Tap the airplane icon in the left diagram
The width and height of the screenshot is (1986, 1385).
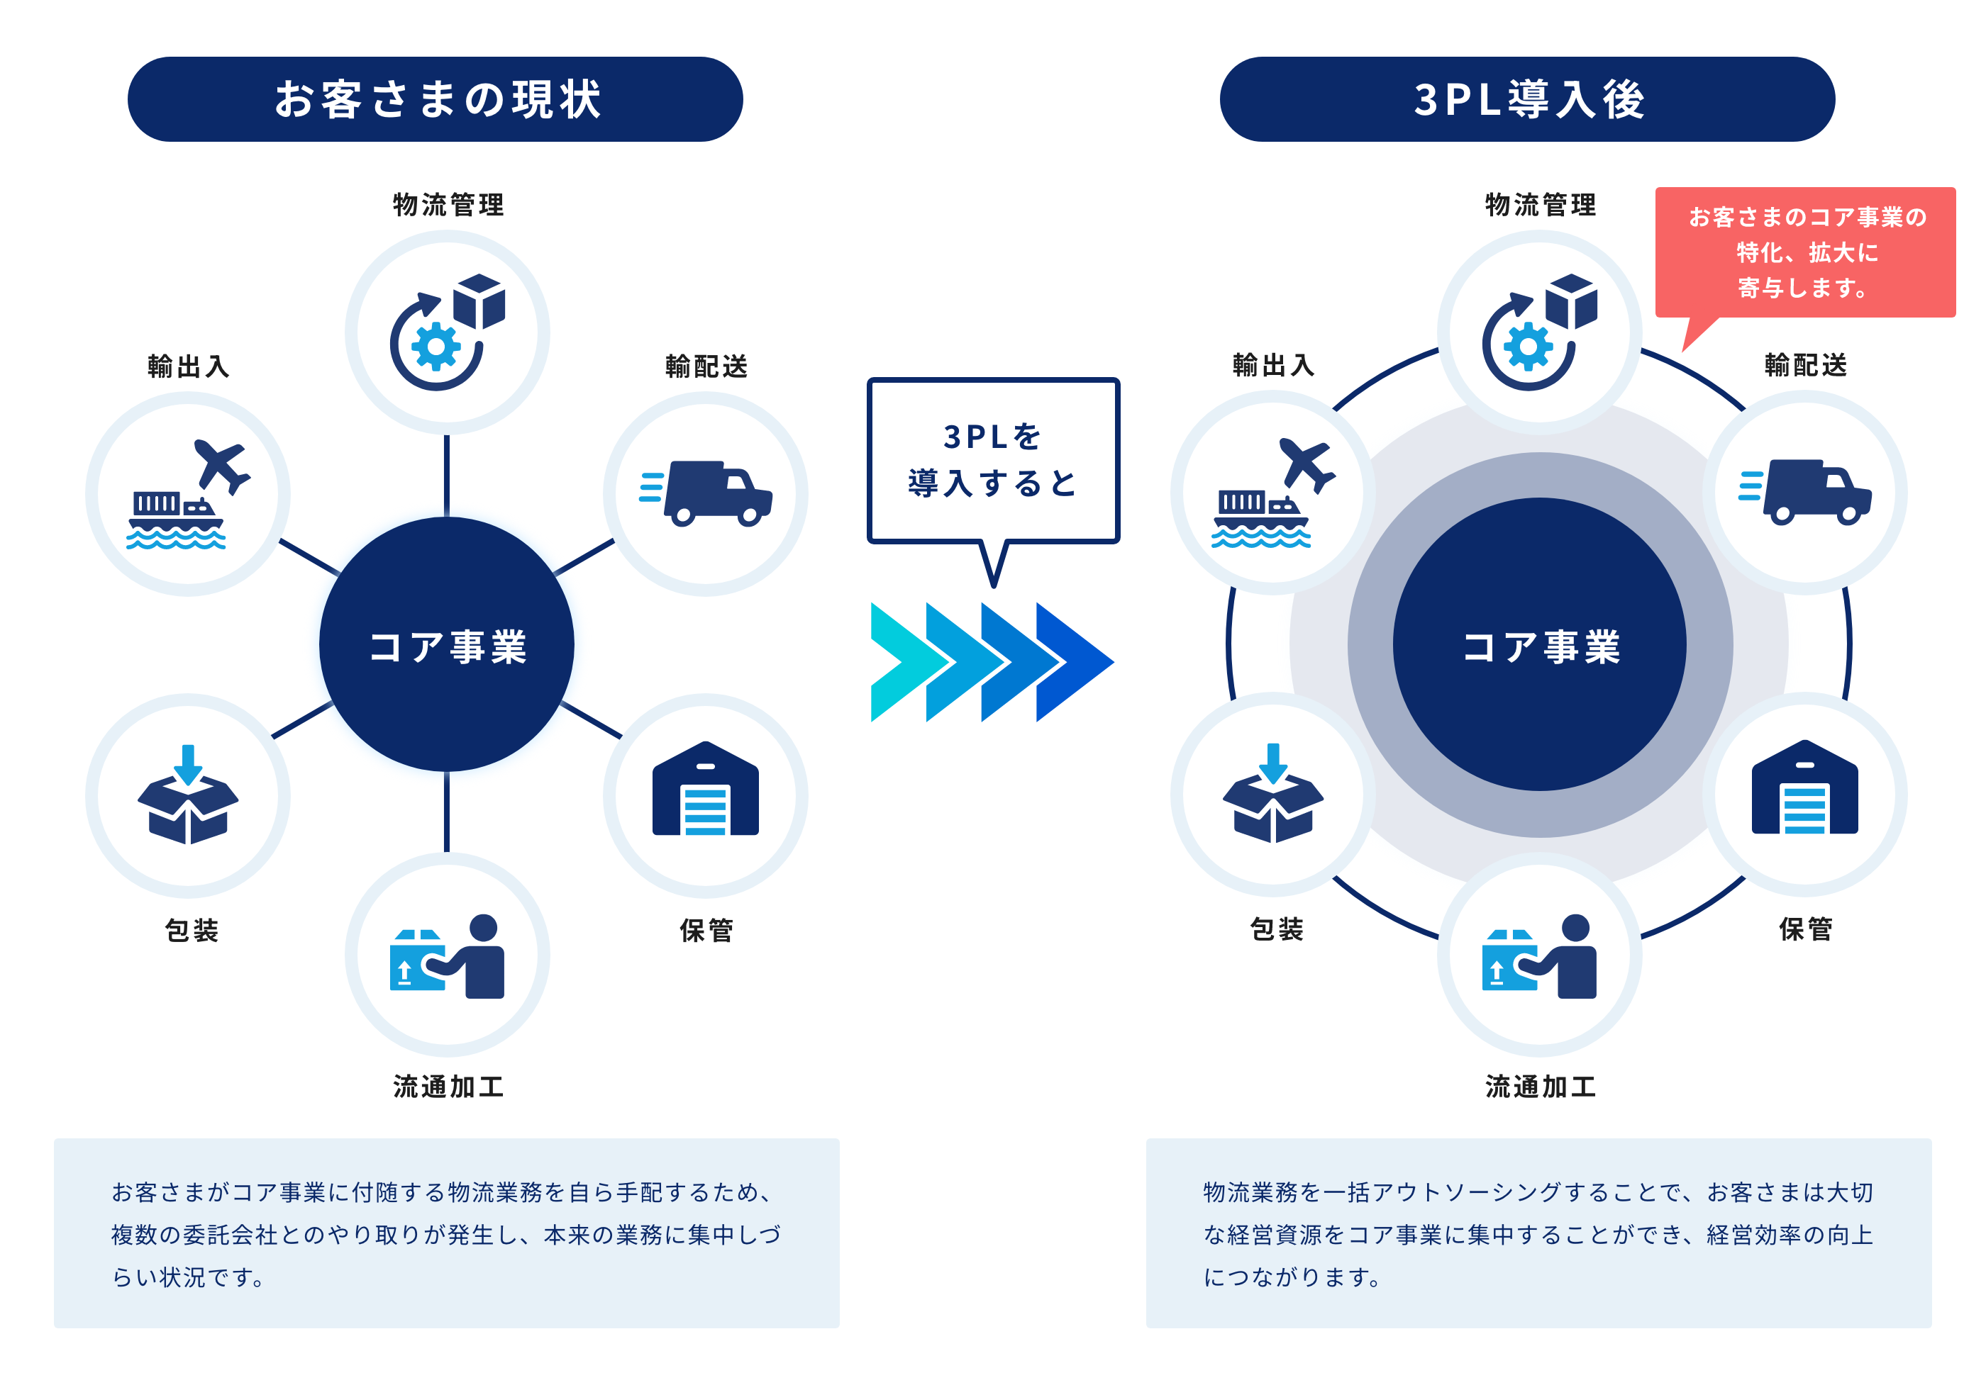pos(221,464)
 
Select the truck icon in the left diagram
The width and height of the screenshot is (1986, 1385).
pos(717,493)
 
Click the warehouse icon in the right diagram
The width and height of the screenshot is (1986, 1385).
pos(1804,787)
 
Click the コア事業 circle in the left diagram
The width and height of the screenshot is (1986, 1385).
pos(446,645)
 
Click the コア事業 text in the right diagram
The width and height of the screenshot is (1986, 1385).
pos(1541,646)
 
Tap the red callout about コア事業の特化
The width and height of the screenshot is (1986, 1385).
pos(1805,252)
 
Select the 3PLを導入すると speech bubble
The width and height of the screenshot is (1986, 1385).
pos(992,460)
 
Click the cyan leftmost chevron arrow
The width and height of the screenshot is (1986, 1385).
pos(899,662)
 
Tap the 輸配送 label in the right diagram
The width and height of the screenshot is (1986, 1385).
pos(1805,366)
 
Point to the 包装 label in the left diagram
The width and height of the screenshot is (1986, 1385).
pos(192,930)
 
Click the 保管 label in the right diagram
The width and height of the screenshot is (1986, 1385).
pos(1805,929)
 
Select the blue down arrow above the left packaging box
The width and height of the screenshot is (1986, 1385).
pos(188,763)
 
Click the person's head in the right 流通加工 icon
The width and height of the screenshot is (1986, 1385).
pos(1575,927)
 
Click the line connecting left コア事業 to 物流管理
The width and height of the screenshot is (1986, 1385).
pos(446,476)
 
